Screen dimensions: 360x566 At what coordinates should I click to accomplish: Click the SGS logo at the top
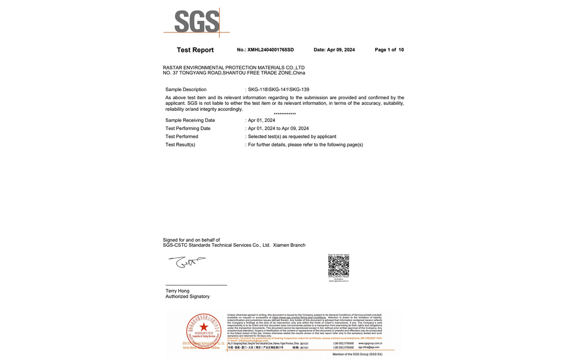tap(197, 22)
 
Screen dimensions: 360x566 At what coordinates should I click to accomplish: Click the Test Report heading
tap(195, 50)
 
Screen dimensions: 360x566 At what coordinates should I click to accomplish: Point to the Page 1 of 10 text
tap(389, 50)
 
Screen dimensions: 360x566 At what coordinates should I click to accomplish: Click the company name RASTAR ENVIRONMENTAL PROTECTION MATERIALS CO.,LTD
tap(234, 67)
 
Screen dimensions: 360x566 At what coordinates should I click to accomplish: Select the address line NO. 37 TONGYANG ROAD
tap(234, 73)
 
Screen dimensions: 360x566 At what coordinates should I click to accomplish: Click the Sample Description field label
tap(186, 89)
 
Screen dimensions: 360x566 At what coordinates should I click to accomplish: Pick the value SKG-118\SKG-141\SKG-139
tap(278, 89)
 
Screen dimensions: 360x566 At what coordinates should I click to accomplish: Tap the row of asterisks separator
tap(285, 114)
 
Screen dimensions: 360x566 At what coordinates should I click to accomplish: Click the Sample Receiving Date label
tap(190, 120)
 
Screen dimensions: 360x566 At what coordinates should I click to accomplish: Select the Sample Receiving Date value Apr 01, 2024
tap(261, 120)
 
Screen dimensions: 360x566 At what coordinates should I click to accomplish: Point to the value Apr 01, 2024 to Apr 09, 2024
tap(278, 129)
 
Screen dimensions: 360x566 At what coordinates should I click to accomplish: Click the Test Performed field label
tap(182, 137)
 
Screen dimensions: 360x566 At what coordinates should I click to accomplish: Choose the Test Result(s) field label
tap(180, 145)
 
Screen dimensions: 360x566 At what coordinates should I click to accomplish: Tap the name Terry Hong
tap(178, 291)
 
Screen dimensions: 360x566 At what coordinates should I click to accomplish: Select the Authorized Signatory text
tap(187, 297)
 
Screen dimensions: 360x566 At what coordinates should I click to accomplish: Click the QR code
tap(339, 265)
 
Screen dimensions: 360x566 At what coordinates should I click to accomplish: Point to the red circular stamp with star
tap(204, 329)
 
